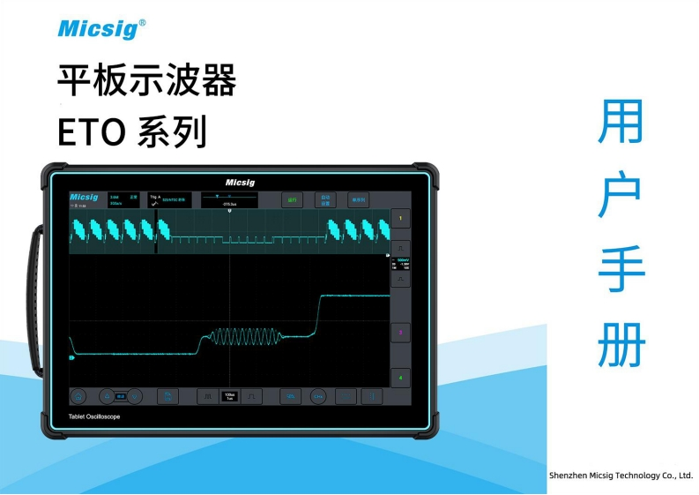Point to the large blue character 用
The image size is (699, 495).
621,122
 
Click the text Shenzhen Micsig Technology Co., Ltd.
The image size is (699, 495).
621,475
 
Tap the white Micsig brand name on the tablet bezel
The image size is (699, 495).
240,182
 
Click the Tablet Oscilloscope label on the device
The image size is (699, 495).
94,416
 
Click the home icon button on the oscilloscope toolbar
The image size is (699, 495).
78,397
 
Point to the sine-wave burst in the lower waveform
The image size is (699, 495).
242,336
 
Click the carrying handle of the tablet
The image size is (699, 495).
35,300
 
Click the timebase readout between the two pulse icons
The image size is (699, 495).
229,397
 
